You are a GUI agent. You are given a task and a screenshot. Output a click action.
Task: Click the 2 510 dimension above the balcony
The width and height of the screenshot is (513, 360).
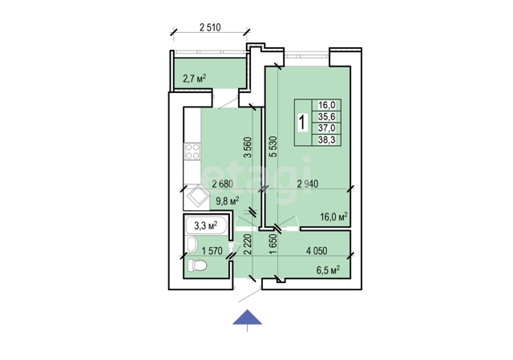[x=210, y=27]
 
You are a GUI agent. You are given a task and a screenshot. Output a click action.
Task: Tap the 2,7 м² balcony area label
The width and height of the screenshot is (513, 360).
[x=194, y=79]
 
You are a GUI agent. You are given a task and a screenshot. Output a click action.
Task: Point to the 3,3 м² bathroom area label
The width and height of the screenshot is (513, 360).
[x=206, y=225]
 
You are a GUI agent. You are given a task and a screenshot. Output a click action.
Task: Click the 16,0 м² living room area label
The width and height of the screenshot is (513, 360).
[x=333, y=217]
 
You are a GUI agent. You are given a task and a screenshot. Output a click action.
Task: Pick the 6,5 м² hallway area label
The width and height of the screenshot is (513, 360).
[x=328, y=270]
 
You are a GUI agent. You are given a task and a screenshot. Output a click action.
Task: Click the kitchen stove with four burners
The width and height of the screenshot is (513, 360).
[x=192, y=152]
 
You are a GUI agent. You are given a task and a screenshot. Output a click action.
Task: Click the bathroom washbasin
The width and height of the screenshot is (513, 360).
[x=192, y=245]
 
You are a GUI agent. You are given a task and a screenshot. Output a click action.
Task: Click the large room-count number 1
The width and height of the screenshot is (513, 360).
[x=303, y=123]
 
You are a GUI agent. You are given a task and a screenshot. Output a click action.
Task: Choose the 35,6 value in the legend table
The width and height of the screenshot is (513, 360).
[x=326, y=117]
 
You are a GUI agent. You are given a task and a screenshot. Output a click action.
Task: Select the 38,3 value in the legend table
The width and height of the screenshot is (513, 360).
[x=326, y=140]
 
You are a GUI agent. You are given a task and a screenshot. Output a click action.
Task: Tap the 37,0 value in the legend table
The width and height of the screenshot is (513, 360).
[x=326, y=128]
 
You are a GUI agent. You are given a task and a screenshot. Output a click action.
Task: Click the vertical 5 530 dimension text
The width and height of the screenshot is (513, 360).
[x=273, y=147]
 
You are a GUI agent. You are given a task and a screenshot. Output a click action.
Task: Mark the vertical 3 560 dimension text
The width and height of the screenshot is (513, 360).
[x=248, y=148]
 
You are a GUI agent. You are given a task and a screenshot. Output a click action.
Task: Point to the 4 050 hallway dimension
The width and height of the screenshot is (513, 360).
[x=317, y=251]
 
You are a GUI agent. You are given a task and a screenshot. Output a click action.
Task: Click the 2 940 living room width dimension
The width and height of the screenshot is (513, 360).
[x=308, y=184]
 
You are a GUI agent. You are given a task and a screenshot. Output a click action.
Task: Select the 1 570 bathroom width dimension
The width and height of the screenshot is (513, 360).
[x=212, y=251]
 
